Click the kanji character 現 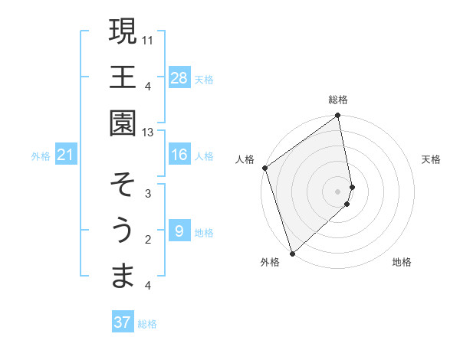[123, 31]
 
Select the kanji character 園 [123, 123]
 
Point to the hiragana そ [123, 185]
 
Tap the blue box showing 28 [179, 77]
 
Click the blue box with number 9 [179, 231]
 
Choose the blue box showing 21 [66, 155]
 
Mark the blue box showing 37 [123, 322]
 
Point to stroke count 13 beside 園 [148, 132]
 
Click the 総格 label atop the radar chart [338, 100]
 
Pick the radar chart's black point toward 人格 [264, 168]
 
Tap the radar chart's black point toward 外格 [292, 253]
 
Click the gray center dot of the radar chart [338, 191]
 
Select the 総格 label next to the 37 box [147, 324]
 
